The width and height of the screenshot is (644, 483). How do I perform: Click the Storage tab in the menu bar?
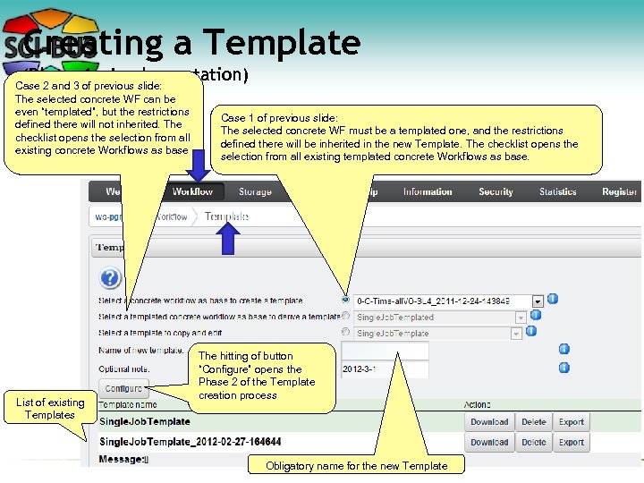[x=255, y=191]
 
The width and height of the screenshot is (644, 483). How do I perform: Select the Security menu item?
[x=496, y=191]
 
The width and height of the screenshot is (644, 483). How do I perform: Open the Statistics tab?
[x=558, y=191]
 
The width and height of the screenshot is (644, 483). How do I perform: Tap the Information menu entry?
[x=428, y=191]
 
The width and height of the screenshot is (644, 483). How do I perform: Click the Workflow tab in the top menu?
[x=192, y=191]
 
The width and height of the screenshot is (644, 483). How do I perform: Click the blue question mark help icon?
[x=110, y=278]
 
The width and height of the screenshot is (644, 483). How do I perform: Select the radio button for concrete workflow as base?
[x=345, y=301]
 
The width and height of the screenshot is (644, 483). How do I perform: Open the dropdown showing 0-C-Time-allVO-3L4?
[x=448, y=301]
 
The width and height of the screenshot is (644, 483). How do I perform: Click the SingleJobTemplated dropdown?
[x=439, y=317]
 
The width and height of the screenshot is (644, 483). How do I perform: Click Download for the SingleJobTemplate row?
[x=489, y=422]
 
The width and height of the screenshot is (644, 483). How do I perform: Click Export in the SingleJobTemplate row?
[x=572, y=422]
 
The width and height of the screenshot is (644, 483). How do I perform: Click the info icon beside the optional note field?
[x=564, y=368]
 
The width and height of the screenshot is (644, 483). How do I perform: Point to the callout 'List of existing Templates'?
[x=50, y=409]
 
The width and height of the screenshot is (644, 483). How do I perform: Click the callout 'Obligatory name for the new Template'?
[x=356, y=465]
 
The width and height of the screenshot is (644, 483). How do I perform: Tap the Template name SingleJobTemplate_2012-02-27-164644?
[x=191, y=442]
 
